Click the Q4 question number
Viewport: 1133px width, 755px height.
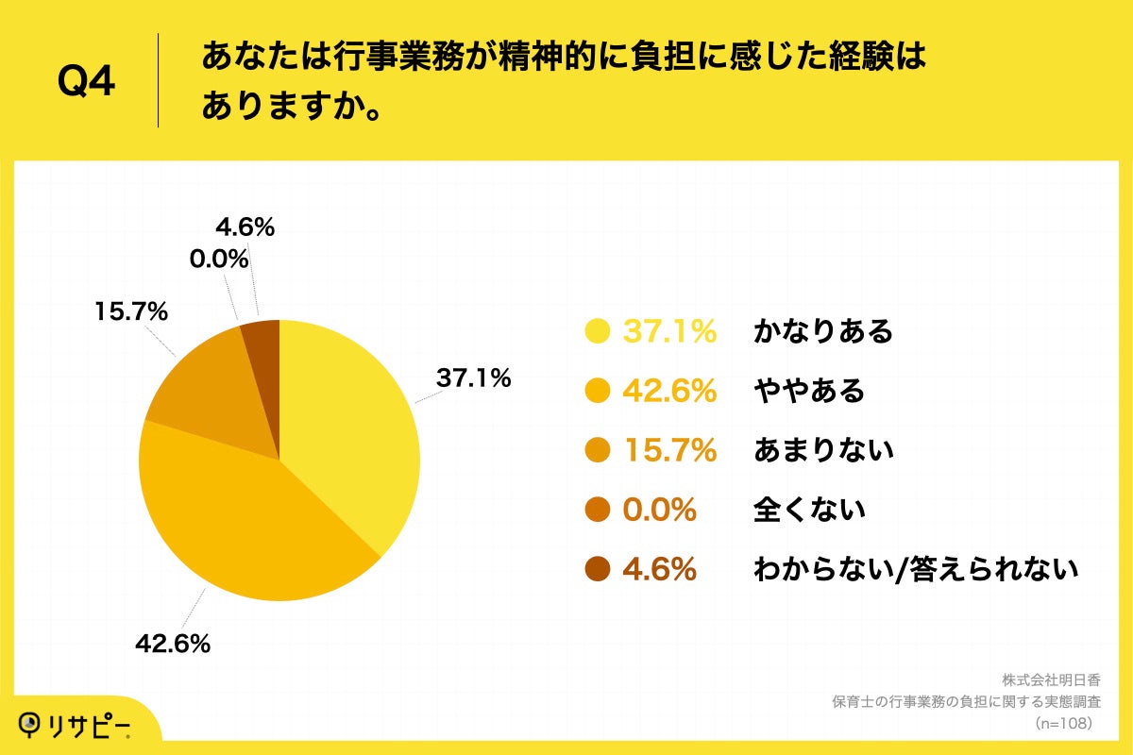pyautogui.click(x=86, y=82)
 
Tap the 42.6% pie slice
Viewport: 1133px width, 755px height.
pyautogui.click(x=245, y=528)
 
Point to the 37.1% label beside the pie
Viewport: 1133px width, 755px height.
pyautogui.click(x=472, y=378)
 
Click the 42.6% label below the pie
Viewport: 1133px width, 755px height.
pyautogui.click(x=172, y=645)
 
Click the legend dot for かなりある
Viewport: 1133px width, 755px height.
pyautogui.click(x=598, y=331)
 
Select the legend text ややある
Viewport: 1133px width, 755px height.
pyautogui.click(x=809, y=391)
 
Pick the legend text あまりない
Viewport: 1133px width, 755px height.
pyautogui.click(x=823, y=450)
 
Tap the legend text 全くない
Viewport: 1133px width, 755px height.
pyautogui.click(x=809, y=510)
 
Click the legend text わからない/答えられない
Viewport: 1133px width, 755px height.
pyautogui.click(x=915, y=569)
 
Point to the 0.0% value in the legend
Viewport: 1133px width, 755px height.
pyautogui.click(x=659, y=510)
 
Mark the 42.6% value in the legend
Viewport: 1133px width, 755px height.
pyautogui.click(x=668, y=391)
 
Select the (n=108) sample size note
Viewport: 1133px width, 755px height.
pyautogui.click(x=1063, y=723)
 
